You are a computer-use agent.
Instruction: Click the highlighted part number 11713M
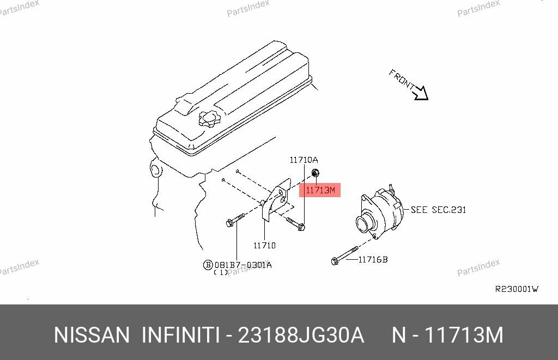pos(320,190)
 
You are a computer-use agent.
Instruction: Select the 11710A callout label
pos(303,160)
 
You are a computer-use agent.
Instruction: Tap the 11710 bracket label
pos(264,246)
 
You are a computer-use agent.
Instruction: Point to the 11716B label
pos(373,260)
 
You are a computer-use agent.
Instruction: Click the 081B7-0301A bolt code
pos(242,265)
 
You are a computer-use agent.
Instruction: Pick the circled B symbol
pos(208,265)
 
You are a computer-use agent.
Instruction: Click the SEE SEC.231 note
pos(438,210)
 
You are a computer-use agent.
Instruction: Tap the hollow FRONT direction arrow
pos(420,93)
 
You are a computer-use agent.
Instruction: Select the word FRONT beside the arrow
pos(402,80)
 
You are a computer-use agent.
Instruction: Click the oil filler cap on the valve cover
pos(210,118)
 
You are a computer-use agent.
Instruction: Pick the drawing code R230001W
pos(516,289)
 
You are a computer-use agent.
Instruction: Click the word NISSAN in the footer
pos(92,335)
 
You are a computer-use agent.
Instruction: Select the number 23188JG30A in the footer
pos(301,335)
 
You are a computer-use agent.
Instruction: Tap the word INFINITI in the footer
pos(181,335)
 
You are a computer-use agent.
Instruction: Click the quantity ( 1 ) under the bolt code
pos(221,272)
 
